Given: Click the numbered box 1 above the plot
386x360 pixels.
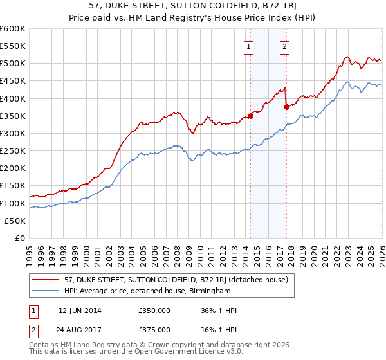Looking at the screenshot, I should (x=248, y=46).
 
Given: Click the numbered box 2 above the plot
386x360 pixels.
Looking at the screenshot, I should (x=284, y=46).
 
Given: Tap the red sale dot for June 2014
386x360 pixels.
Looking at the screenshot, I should (x=250, y=116).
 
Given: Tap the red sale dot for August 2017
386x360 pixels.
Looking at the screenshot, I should (x=287, y=107).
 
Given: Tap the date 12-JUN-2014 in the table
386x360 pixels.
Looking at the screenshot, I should (x=80, y=310).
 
